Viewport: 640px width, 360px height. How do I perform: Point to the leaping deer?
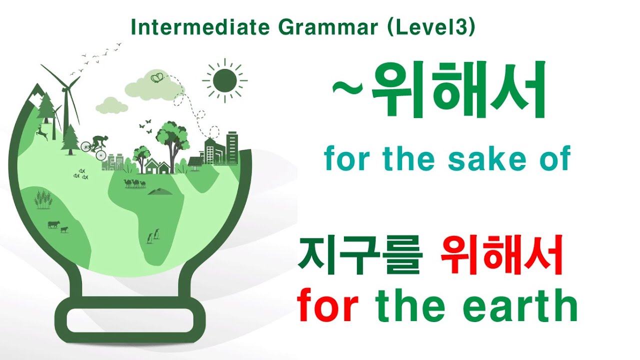pyautogui.click(x=42, y=133)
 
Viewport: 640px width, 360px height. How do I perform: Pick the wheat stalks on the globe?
pyautogui.click(x=43, y=199)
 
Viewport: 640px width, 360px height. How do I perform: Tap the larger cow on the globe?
pyautogui.click(x=53, y=224)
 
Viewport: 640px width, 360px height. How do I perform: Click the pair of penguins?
pyautogui.click(x=153, y=235)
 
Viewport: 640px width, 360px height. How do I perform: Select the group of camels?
pyautogui.click(x=134, y=183)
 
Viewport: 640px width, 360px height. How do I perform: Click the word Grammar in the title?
pyautogui.click(x=328, y=28)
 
